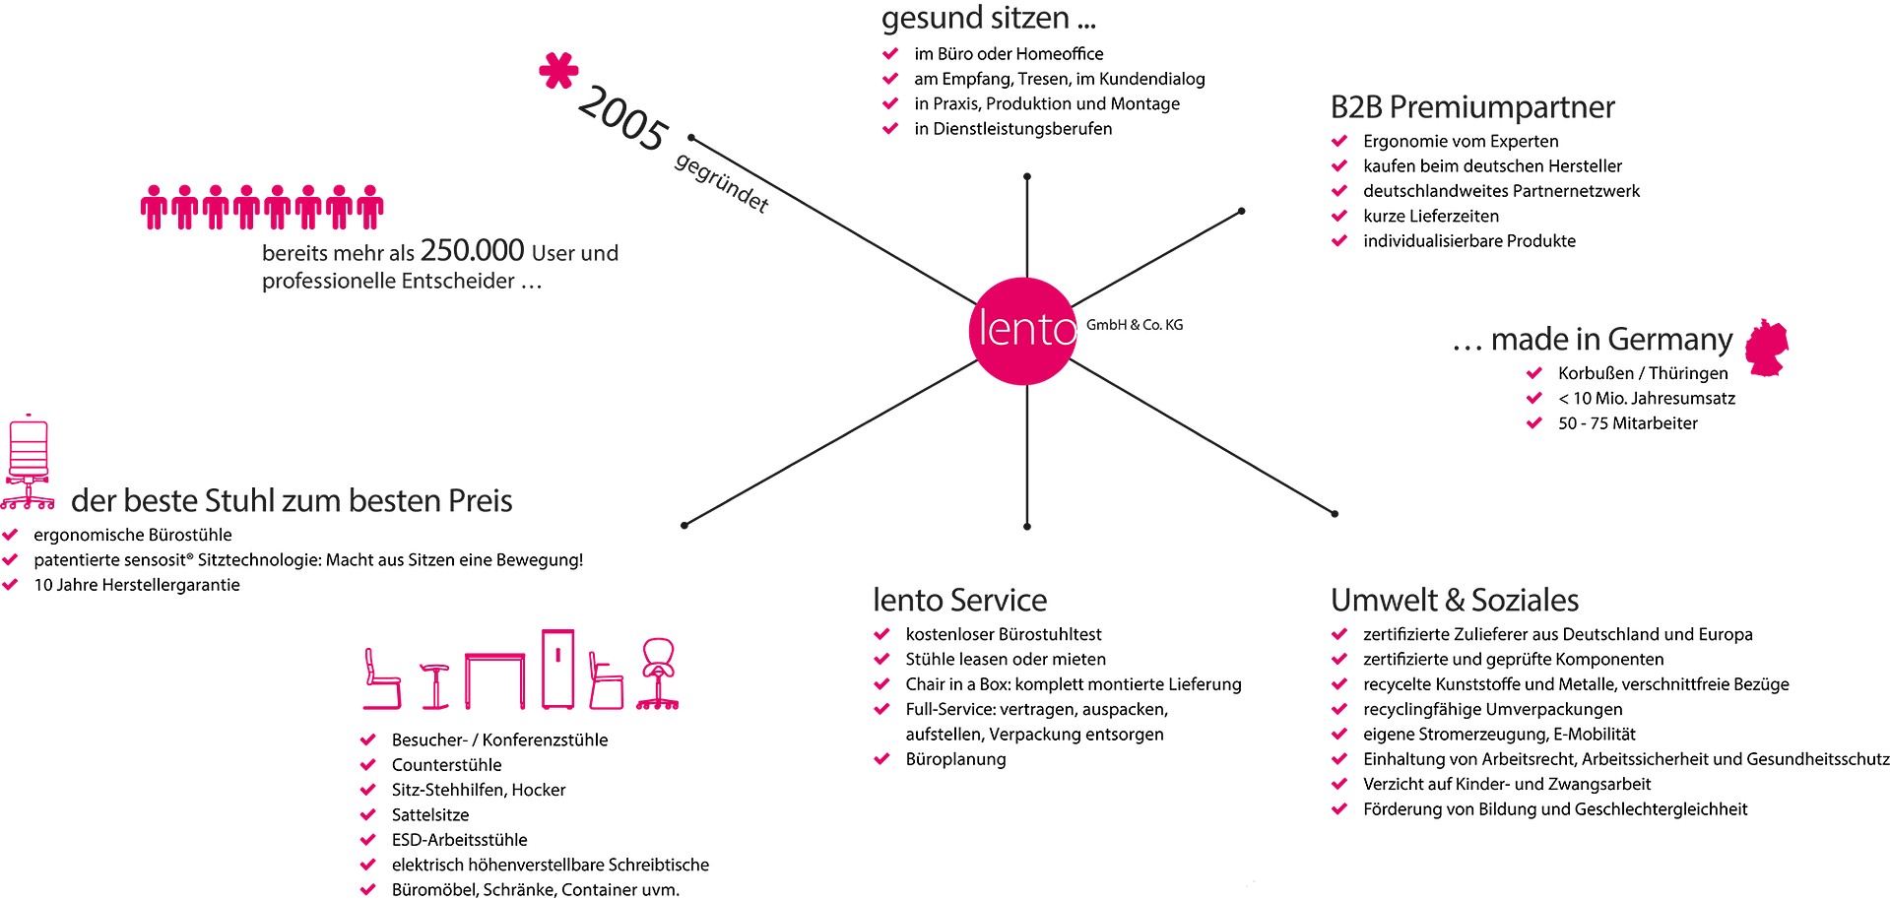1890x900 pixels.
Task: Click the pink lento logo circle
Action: pos(1024,330)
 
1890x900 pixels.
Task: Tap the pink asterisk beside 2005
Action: pos(558,71)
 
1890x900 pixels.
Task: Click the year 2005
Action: pos(621,119)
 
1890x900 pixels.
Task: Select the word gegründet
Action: pos(721,182)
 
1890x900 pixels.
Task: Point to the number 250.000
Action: pos(472,251)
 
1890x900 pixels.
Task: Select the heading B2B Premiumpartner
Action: pos(1472,106)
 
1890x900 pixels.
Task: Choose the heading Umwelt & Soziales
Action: pos(1455,600)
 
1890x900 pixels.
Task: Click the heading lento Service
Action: pos(959,600)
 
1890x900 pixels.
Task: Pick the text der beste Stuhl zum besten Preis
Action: pos(292,501)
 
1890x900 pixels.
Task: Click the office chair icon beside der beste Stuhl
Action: pos(28,462)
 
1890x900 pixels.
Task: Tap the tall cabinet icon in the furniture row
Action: pos(558,669)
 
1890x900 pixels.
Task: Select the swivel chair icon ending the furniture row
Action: pos(658,674)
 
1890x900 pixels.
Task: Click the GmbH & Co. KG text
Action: pos(1135,324)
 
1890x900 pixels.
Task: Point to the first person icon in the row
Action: pos(153,207)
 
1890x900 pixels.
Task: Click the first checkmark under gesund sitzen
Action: pos(890,52)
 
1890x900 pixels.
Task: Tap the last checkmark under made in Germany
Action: pos(1534,422)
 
